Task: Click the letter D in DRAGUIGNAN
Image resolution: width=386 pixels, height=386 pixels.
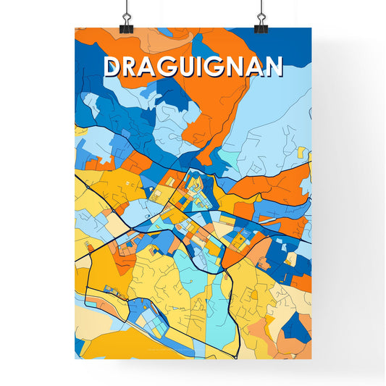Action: [x=114, y=67]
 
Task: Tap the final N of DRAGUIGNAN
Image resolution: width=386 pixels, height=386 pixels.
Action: [x=273, y=67]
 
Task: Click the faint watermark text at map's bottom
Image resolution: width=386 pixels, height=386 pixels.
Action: [x=193, y=352]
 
